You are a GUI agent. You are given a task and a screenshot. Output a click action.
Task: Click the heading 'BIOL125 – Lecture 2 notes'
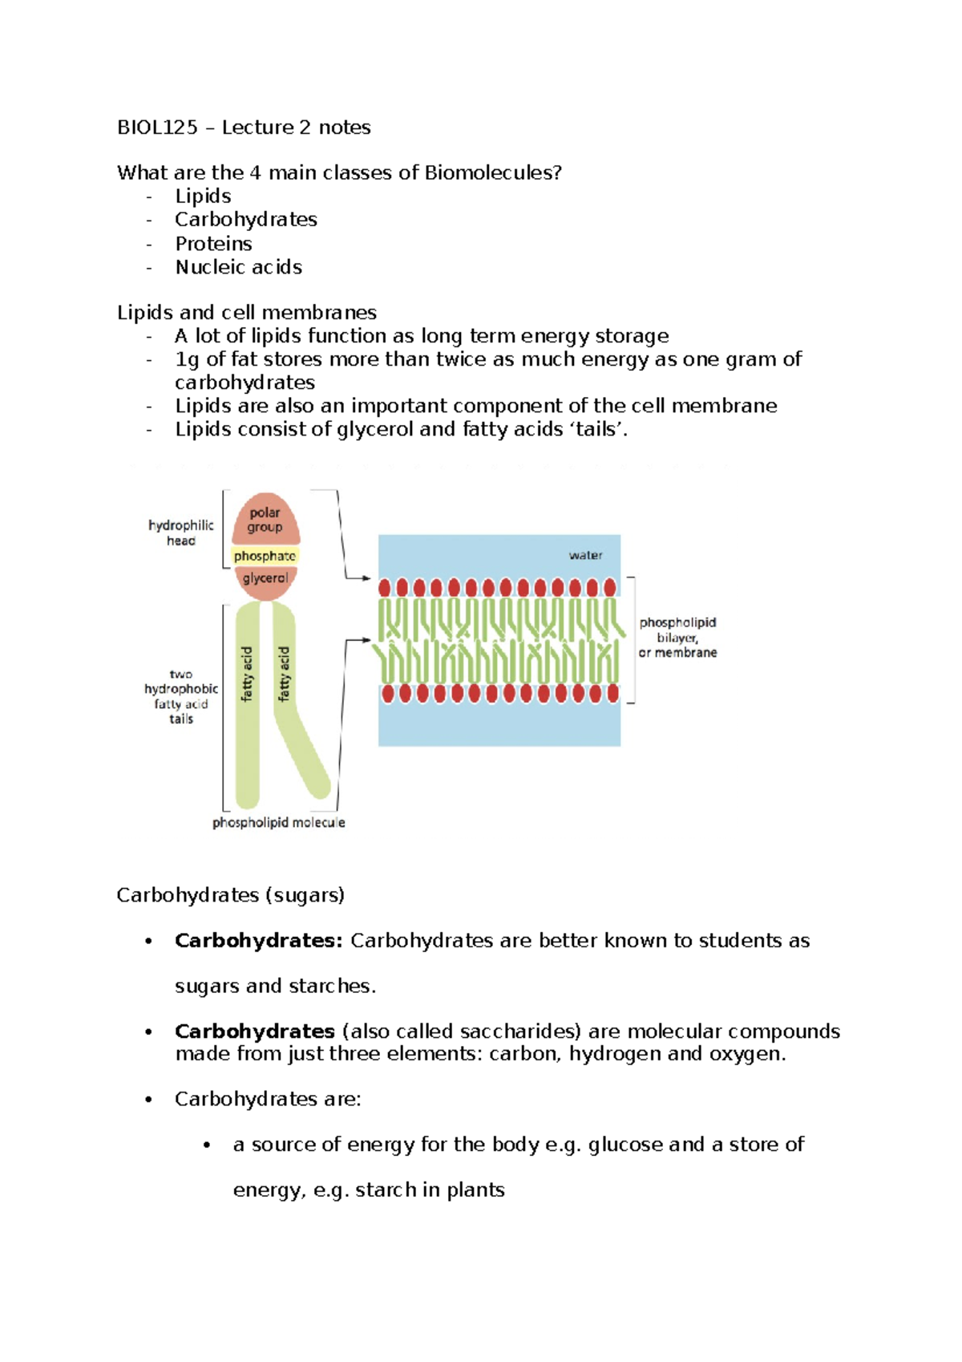click(244, 128)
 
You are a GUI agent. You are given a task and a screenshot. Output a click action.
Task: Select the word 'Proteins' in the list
click(213, 244)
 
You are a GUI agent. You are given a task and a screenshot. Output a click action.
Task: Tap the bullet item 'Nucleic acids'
click(238, 267)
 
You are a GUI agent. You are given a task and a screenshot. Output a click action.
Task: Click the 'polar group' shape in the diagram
click(265, 520)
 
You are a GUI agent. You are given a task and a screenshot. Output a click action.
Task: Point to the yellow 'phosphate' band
click(265, 556)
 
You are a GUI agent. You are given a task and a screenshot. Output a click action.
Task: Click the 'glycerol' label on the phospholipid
click(265, 579)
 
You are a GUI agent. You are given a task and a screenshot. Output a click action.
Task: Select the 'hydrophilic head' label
click(181, 533)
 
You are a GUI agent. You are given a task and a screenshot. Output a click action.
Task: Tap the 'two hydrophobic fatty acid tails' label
click(181, 696)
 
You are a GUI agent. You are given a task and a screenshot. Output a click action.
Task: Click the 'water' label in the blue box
click(585, 555)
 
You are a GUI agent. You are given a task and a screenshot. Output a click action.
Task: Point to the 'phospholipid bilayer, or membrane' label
click(677, 638)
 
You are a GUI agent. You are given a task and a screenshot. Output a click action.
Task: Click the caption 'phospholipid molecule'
click(278, 823)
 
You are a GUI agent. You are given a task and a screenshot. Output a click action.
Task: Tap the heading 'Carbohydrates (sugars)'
click(230, 895)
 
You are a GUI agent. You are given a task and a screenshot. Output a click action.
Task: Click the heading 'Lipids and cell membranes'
click(246, 313)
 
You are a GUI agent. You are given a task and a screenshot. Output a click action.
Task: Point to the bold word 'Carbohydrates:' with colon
click(258, 941)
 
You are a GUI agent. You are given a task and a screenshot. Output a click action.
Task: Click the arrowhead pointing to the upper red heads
click(366, 578)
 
